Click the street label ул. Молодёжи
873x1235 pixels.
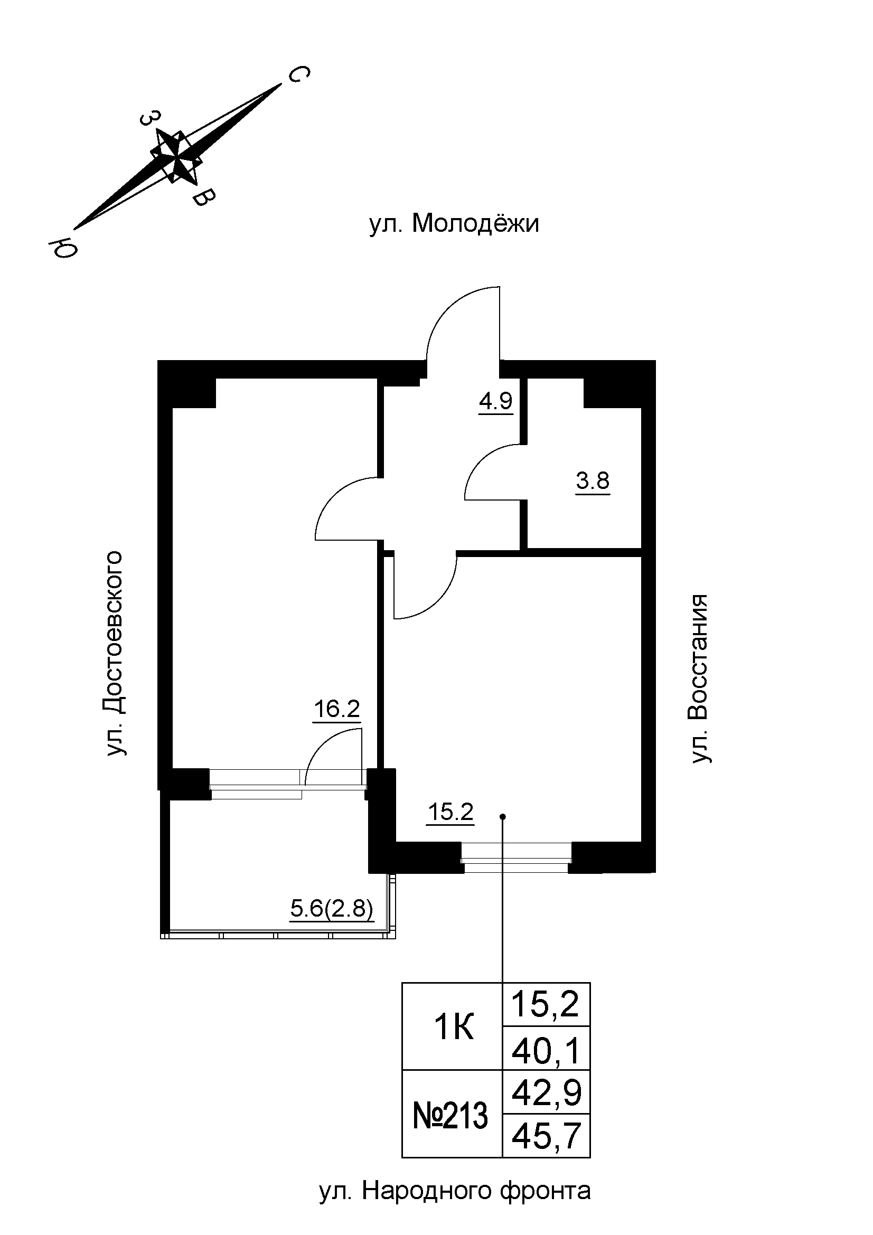point(454,224)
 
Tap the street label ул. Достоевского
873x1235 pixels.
point(115,653)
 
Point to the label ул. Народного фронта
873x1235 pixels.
point(455,1191)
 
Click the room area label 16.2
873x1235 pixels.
point(337,710)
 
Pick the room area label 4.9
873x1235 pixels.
point(496,401)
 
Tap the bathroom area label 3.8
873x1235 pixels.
point(592,481)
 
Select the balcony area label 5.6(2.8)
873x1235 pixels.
point(331,910)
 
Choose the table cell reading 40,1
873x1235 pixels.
point(546,1053)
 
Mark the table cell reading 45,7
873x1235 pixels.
point(546,1137)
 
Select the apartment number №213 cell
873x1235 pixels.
point(450,1116)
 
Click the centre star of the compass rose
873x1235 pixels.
point(176,157)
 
